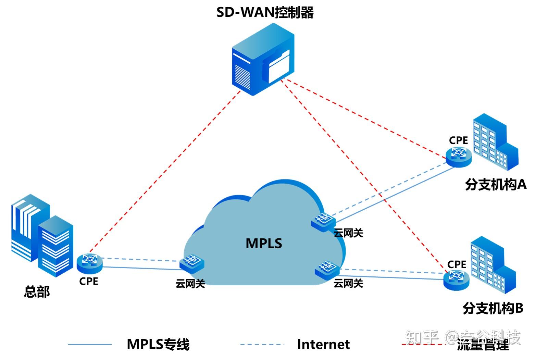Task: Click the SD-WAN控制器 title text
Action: [265, 13]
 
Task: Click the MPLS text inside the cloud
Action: [264, 243]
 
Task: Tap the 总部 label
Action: [37, 291]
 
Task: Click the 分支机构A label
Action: [495, 185]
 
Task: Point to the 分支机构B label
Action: [493, 308]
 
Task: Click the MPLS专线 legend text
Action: [158, 344]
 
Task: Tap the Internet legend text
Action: [323, 344]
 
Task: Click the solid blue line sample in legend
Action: [90, 344]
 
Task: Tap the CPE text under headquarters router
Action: [88, 281]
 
